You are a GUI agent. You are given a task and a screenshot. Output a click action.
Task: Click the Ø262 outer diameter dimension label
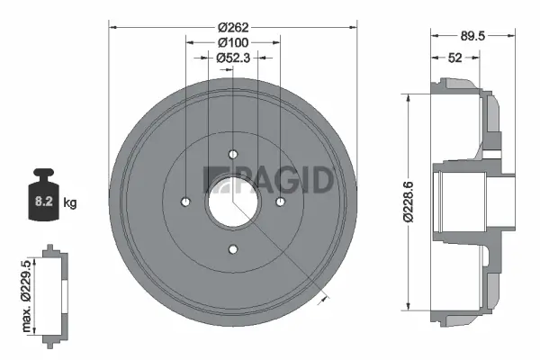pos(233,27)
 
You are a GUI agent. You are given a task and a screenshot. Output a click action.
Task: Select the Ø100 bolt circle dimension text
pos(233,42)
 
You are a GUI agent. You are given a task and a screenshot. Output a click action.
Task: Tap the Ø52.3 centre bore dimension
pos(233,58)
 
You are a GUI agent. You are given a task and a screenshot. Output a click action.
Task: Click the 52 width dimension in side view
pos(455,58)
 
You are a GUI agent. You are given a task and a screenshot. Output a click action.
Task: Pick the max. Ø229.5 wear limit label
pos(28,291)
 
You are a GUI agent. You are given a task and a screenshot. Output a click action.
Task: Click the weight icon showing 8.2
pos(43,196)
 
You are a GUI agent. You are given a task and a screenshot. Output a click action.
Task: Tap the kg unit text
pos(71,203)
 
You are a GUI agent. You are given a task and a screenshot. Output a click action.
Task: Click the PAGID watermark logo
pos(270,180)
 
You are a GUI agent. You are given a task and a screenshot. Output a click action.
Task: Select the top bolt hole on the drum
pos(233,154)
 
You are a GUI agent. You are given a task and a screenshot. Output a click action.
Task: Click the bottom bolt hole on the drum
pos(233,249)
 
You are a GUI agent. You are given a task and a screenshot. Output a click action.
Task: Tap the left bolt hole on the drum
pos(185,202)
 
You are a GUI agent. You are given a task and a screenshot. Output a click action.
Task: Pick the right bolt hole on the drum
pos(281,202)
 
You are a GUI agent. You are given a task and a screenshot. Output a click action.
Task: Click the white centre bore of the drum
pos(233,202)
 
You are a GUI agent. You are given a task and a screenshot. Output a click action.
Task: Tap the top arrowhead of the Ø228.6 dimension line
pos(410,95)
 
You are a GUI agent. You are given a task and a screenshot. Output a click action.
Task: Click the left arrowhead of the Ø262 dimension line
pos(112,27)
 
